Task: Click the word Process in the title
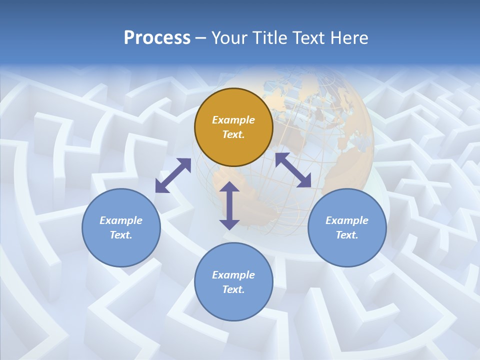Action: tap(157, 38)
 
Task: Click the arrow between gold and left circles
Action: tap(173, 175)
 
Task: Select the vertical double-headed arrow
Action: tap(229, 205)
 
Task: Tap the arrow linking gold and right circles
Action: tap(293, 170)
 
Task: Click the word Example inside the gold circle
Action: tap(233, 120)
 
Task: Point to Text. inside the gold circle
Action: tap(233, 134)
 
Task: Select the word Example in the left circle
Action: tap(121, 220)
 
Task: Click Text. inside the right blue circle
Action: tap(347, 235)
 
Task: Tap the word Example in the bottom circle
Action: tap(233, 275)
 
